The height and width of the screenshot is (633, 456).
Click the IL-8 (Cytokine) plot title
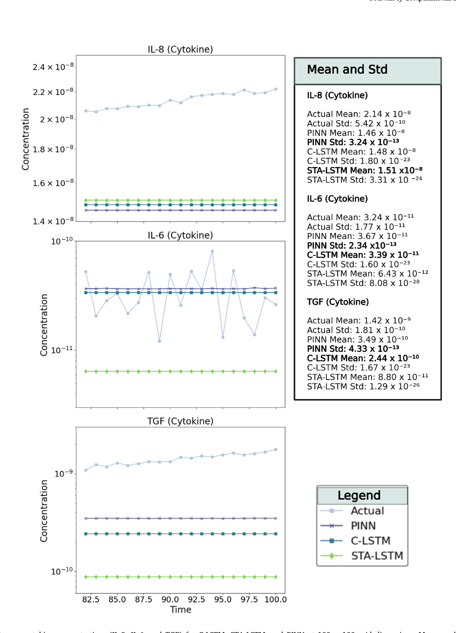tap(180, 49)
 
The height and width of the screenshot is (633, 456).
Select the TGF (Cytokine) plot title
tap(180, 421)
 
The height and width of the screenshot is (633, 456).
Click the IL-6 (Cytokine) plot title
tap(180, 236)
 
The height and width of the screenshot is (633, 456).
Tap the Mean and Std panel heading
tap(347, 69)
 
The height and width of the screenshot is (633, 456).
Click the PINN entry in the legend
tap(363, 526)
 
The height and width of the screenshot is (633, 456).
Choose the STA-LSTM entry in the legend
tap(377, 556)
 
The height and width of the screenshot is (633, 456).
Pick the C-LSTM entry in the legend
tap(370, 541)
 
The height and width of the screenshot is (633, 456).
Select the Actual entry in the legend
tap(367, 511)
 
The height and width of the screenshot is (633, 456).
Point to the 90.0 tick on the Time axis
tap(170, 599)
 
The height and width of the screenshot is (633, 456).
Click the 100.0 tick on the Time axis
tap(275, 599)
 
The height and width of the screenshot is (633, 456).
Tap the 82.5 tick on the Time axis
tap(91, 599)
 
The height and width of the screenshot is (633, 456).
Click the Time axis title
tap(181, 610)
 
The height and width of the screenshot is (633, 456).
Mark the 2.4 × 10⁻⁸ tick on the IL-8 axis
tap(53, 67)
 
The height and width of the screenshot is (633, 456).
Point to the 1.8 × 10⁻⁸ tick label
tap(53, 149)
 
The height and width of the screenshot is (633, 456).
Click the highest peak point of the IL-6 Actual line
tap(212, 251)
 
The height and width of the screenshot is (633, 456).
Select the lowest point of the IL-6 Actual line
tap(159, 341)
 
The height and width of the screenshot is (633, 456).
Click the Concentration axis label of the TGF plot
tap(43, 511)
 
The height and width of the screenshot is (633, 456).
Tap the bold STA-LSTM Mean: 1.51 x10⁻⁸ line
tap(364, 170)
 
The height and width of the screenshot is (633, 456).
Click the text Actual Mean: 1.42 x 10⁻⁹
tap(358, 320)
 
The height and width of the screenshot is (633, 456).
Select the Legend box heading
tap(359, 495)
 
